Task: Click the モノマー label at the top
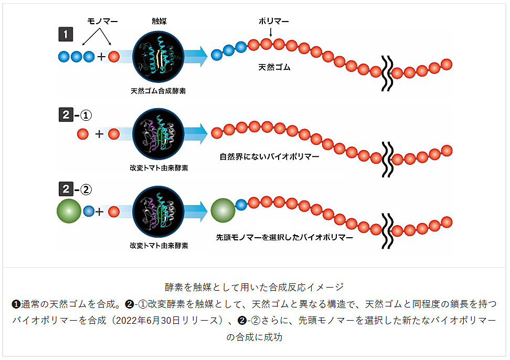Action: pos(102,22)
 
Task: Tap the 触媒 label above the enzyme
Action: pos(159,22)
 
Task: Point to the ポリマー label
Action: pos(273,22)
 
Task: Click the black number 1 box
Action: pos(66,35)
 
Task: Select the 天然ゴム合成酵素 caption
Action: pos(158,91)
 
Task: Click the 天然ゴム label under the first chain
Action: pos(274,67)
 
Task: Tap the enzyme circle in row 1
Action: pos(158,57)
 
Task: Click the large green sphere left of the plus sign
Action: pos(69,211)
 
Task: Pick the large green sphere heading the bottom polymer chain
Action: pos(223,210)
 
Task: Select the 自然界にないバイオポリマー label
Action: pos(269,157)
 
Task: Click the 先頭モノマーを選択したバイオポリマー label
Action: pos(284,237)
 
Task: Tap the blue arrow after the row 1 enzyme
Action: pos(196,57)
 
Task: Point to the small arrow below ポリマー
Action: pos(271,32)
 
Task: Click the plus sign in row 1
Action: pos(101,57)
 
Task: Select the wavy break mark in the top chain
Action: pos(387,73)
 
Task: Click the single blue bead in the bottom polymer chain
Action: pos(241,205)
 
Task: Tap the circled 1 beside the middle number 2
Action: pos(86,115)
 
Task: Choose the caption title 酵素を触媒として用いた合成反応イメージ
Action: pos(254,287)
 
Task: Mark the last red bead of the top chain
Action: pos(447,65)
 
